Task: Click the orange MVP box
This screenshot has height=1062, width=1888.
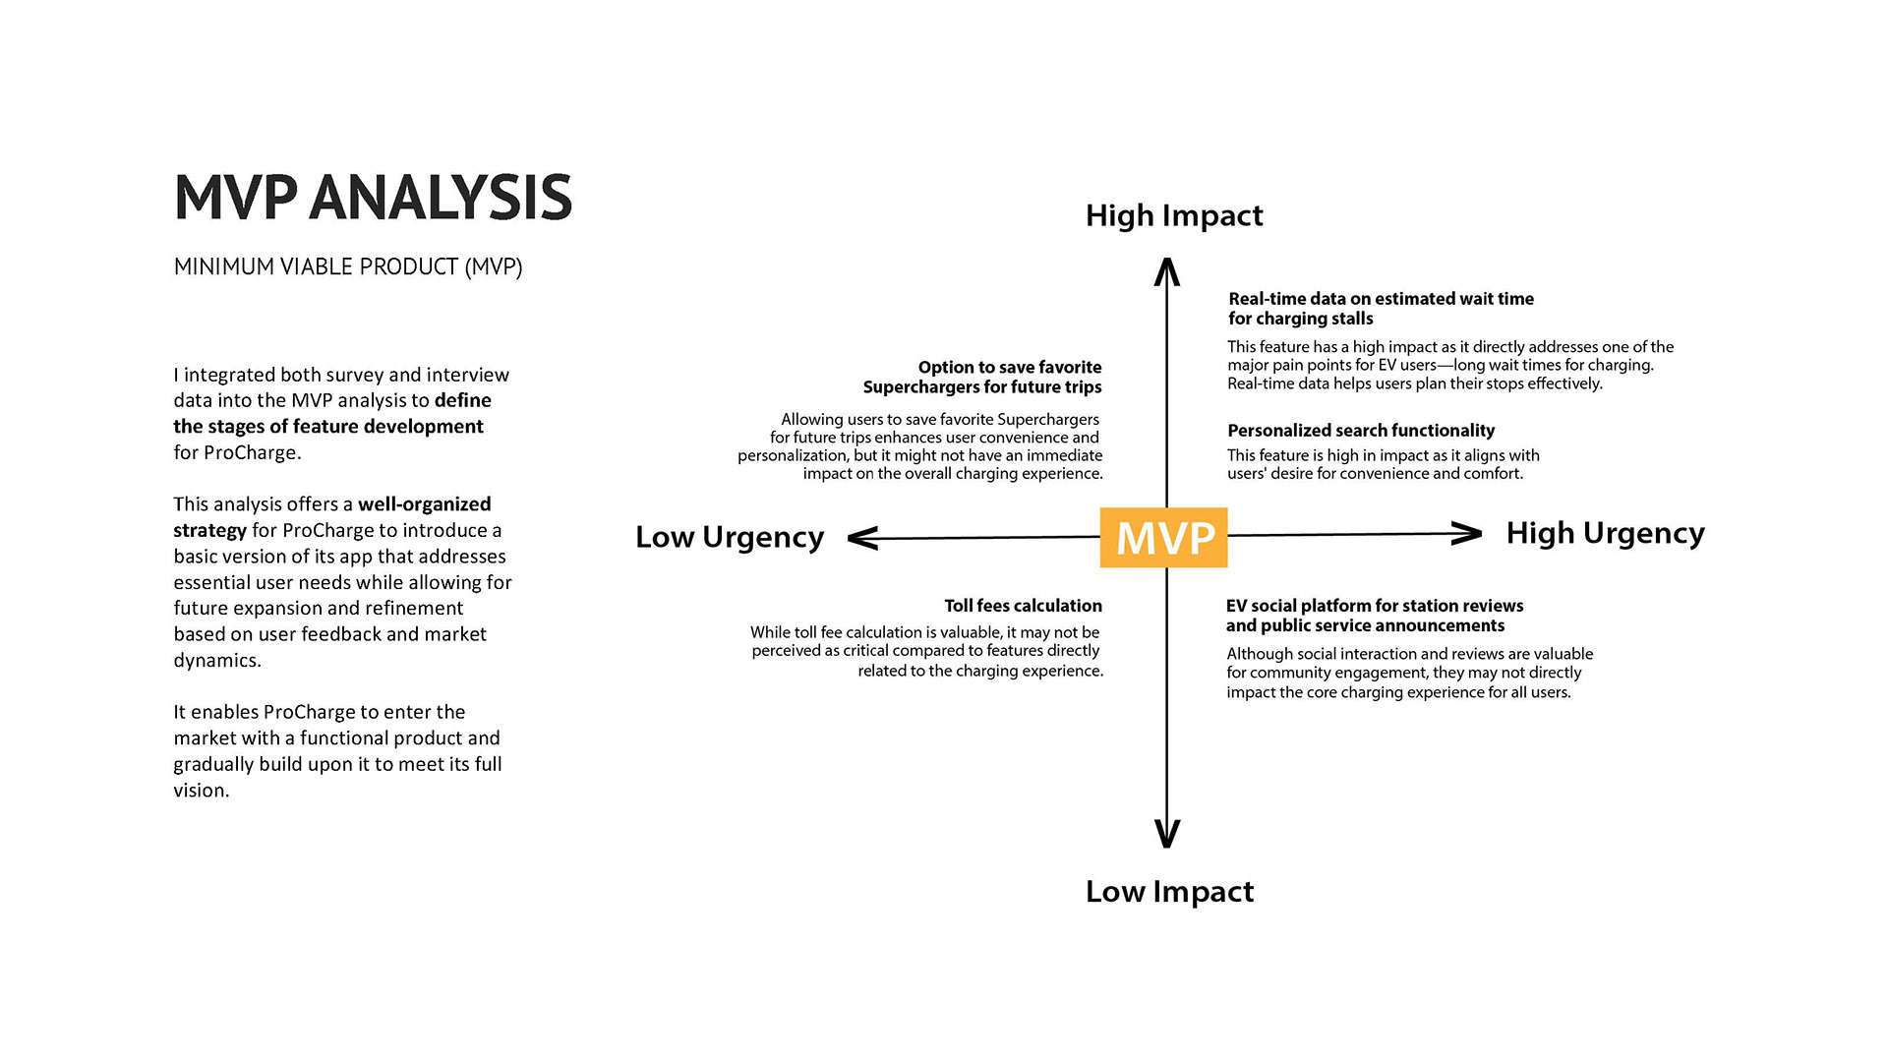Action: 1163,538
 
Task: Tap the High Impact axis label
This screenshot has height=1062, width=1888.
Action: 1173,215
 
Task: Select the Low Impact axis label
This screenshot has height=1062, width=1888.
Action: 1169,891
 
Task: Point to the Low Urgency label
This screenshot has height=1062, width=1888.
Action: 729,537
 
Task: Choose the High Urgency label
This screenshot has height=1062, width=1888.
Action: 1605,533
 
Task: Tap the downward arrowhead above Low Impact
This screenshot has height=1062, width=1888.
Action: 1166,834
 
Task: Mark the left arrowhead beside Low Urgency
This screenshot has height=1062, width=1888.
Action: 862,538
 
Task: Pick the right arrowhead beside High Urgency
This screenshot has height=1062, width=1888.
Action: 1467,534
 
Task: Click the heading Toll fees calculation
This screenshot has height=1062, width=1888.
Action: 1023,606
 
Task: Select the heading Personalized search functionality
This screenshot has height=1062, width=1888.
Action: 1360,431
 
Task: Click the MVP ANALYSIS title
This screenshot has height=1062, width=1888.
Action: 373,197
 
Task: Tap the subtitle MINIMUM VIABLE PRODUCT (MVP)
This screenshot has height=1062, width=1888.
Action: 348,266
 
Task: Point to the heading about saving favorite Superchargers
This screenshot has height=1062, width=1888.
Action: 983,378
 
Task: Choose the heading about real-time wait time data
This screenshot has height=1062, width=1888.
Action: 1380,308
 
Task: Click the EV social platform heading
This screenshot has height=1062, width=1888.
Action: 1374,616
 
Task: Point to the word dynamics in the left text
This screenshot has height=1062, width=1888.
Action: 216,661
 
